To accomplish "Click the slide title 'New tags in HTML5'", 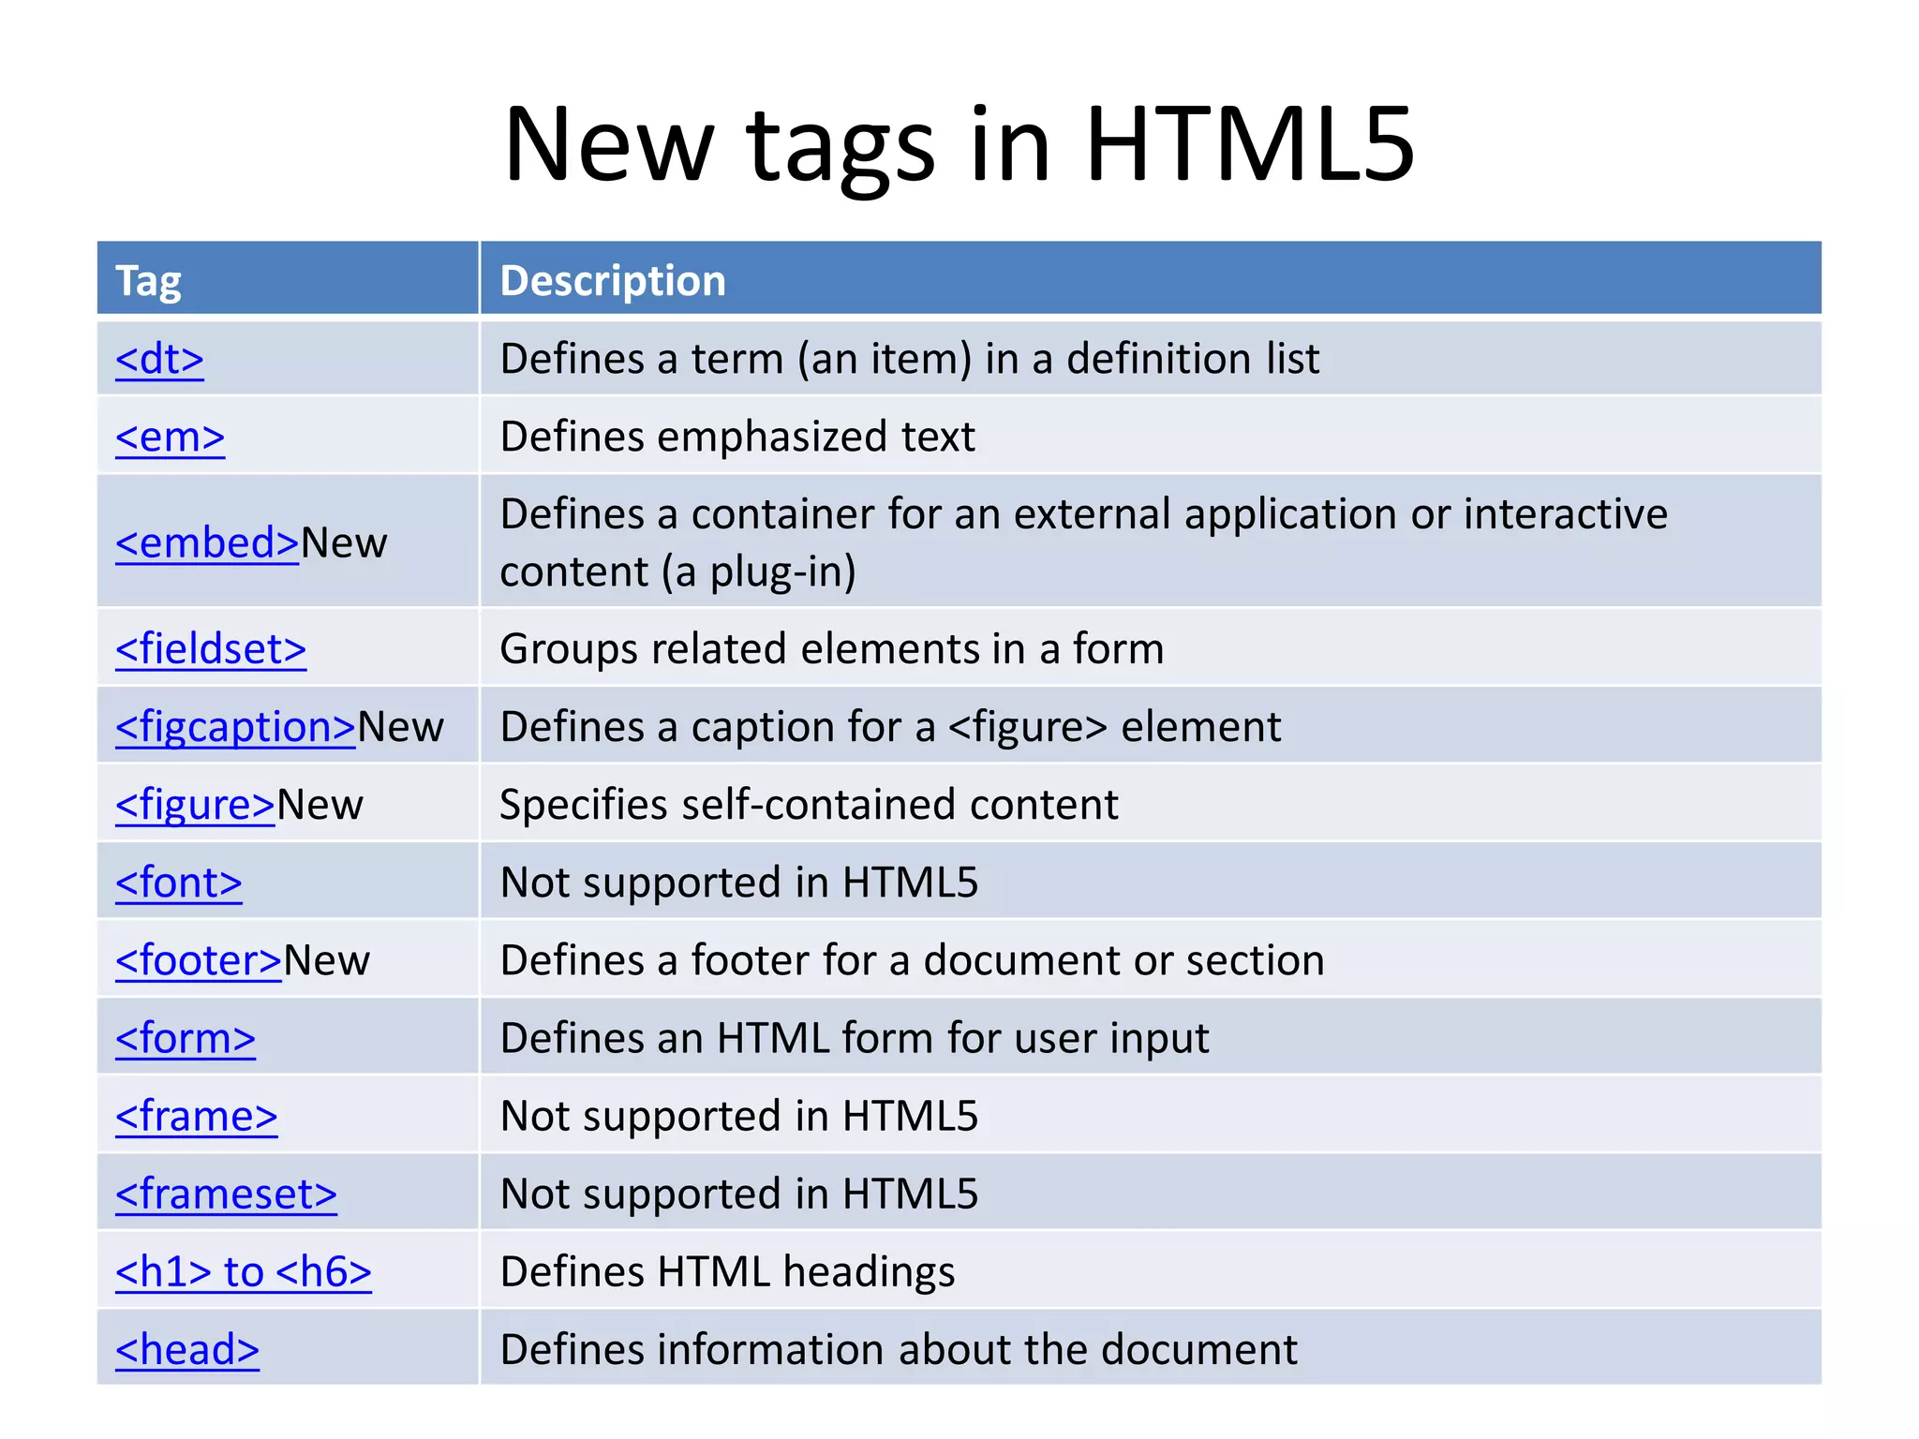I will coord(959,145).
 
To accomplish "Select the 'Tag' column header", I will coord(148,281).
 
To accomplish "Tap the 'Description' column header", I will coord(613,281).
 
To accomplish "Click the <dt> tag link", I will coord(159,359).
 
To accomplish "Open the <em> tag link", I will coord(170,437).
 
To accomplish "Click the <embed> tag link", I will coord(207,543).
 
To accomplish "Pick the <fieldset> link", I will coord(211,649).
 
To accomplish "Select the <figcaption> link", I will coord(235,727).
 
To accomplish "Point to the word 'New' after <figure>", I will coord(320,805).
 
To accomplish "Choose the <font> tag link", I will coord(179,883).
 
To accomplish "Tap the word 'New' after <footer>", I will coord(327,960).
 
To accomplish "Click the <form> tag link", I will coord(186,1038).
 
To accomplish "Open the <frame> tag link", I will coord(197,1116).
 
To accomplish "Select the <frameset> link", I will coord(226,1194).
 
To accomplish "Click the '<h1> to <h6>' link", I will coord(244,1271).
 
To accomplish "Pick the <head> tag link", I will coord(187,1349).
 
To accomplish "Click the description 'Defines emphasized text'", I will coord(737,437).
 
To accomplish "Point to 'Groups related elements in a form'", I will coord(832,649).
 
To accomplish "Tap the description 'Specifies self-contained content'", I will coord(809,805).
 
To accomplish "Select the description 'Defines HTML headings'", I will coord(727,1271).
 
